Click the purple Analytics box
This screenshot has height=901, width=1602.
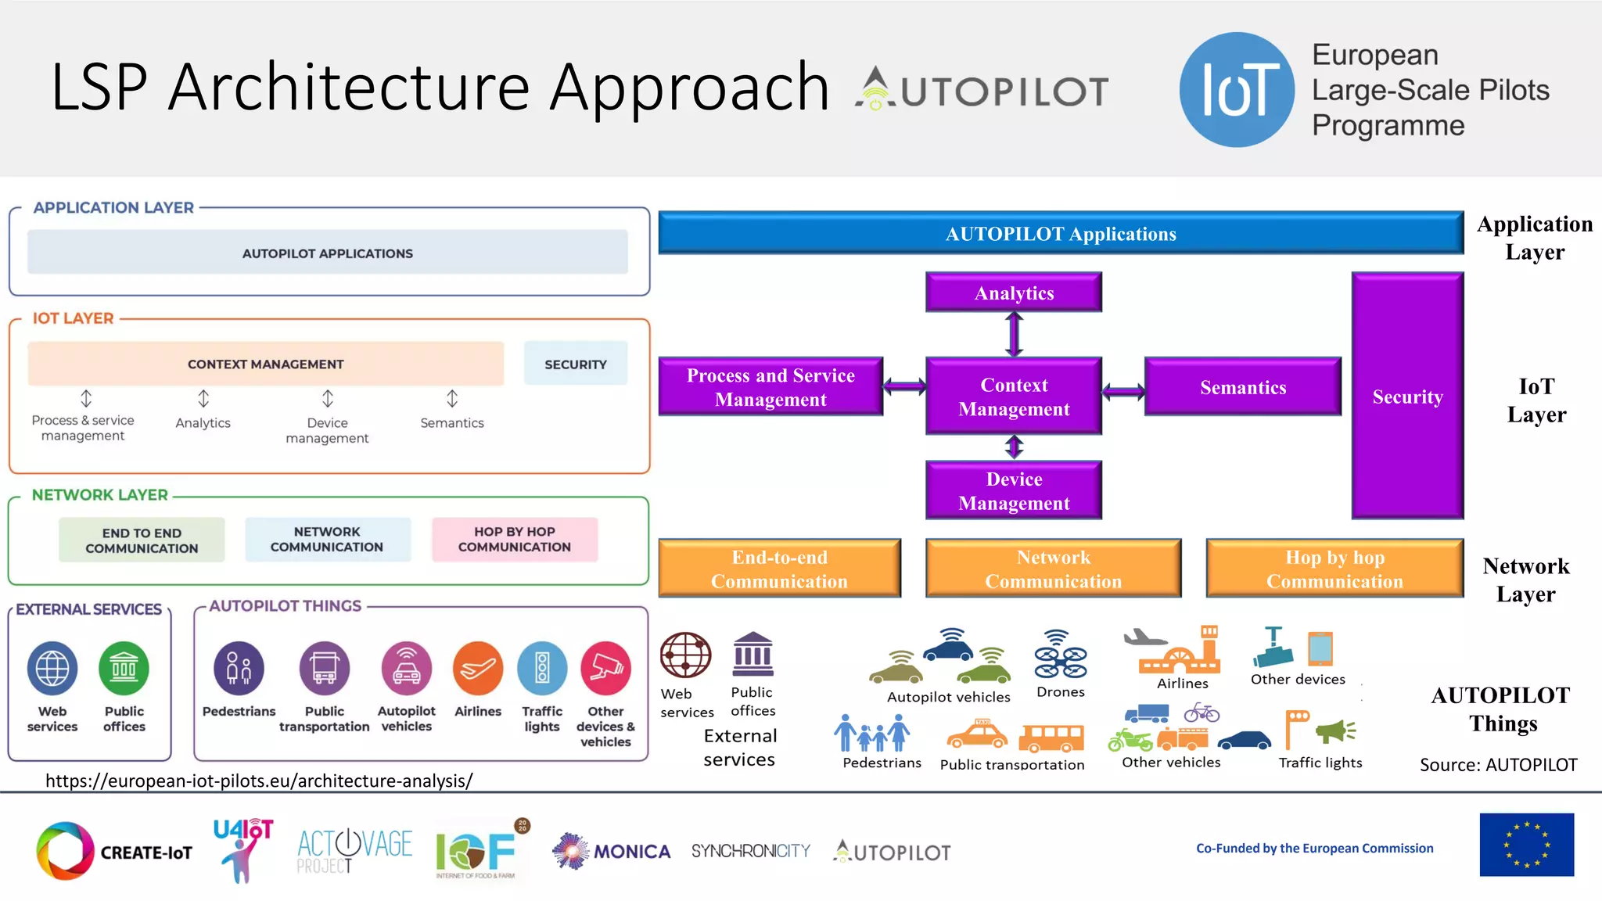click(x=1014, y=293)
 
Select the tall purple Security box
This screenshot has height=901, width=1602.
click(x=1407, y=396)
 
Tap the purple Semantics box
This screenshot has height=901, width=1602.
click(x=1243, y=387)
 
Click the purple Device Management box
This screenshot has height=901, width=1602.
click(x=1014, y=490)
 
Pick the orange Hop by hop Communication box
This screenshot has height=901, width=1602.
click(x=1334, y=569)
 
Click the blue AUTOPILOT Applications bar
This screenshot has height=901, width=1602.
click(x=1060, y=233)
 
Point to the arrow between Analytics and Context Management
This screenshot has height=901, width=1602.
click(x=1015, y=334)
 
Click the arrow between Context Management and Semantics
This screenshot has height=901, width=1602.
click(x=1123, y=392)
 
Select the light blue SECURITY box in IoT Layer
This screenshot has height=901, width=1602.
click(x=576, y=364)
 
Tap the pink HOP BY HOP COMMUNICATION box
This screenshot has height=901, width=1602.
click(x=515, y=539)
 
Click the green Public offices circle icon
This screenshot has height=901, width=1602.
click(x=124, y=669)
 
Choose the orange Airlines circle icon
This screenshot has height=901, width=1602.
click(x=477, y=669)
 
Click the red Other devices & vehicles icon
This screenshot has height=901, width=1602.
click(x=605, y=669)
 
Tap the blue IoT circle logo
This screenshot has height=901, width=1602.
click(x=1237, y=89)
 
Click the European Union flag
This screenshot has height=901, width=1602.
click(x=1526, y=845)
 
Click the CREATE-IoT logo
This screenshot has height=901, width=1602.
click(x=114, y=851)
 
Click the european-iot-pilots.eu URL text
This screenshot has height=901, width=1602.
click(x=259, y=781)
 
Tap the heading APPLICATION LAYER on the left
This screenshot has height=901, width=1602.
click(x=113, y=207)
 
